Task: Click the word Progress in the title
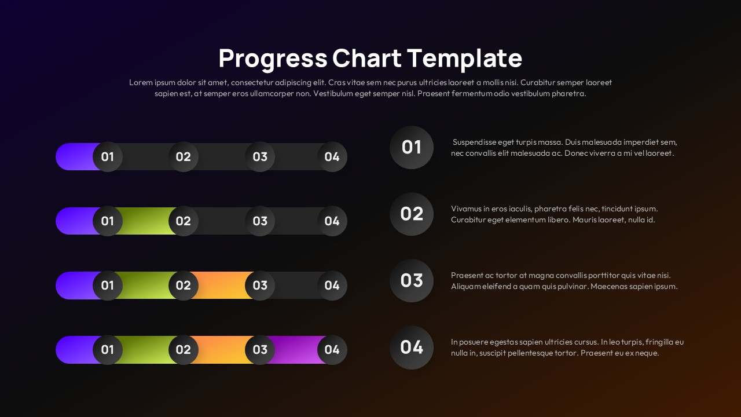click(x=272, y=58)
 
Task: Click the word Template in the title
click(x=464, y=58)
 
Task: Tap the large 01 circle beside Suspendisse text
click(x=412, y=147)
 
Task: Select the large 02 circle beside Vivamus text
click(x=412, y=214)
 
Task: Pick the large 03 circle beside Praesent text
click(x=412, y=280)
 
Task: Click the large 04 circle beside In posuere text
click(x=412, y=347)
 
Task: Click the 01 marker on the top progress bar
click(x=108, y=156)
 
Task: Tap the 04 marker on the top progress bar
click(x=332, y=156)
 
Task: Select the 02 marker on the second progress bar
click(x=184, y=221)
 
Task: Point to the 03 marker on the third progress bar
click(x=260, y=285)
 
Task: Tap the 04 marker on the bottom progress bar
click(x=332, y=349)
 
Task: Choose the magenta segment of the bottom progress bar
click(x=296, y=349)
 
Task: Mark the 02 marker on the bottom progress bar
click(x=184, y=349)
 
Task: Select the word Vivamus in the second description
click(x=466, y=209)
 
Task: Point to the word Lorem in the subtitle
click(x=141, y=82)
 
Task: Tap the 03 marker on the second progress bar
click(x=260, y=221)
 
